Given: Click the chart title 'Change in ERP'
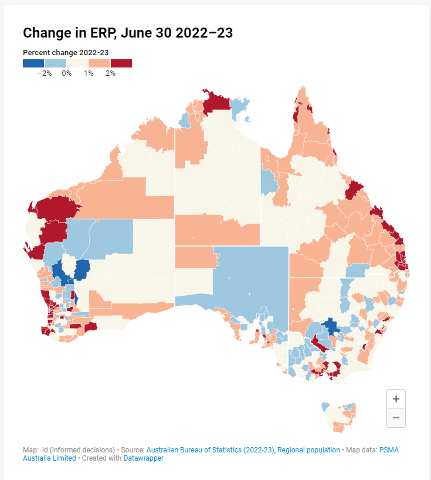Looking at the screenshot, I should click(x=128, y=33).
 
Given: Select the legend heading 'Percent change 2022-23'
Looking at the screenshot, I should click(x=66, y=52).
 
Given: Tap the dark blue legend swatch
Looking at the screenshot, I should click(x=33, y=63).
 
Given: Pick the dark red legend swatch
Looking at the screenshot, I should click(x=121, y=63).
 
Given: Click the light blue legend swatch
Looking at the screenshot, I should click(x=55, y=63).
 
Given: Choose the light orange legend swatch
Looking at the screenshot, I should click(x=99, y=63).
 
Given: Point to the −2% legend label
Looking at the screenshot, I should click(x=45, y=73).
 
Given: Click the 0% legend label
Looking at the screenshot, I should click(x=66, y=73).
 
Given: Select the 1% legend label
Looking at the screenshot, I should click(x=89, y=73).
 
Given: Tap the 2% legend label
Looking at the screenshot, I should click(x=110, y=73).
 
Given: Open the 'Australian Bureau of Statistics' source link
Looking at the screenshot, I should click(x=243, y=450).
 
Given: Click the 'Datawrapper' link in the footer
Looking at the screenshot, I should click(x=143, y=458).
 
